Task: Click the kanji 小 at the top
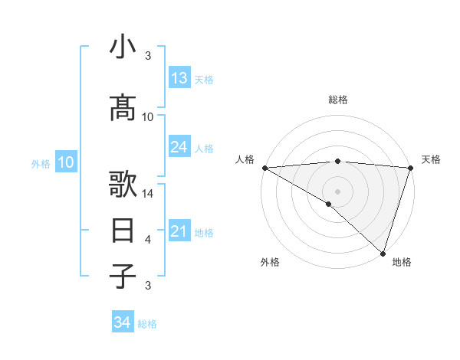point(123,48)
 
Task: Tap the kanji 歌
point(123,186)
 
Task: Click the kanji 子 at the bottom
point(123,277)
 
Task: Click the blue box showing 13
point(179,78)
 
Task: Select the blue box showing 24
point(179,147)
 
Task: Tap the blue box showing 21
point(179,231)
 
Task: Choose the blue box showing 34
point(123,322)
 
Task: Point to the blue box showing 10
point(65,162)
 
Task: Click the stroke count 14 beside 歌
point(149,194)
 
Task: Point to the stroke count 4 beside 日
point(148,240)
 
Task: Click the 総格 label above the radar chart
point(337,100)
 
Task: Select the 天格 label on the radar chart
point(432,159)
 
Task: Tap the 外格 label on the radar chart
point(269,262)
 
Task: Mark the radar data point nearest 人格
point(264,168)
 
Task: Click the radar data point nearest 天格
point(411,168)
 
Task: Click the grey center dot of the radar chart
point(337,191)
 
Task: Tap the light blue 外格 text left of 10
point(41,163)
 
